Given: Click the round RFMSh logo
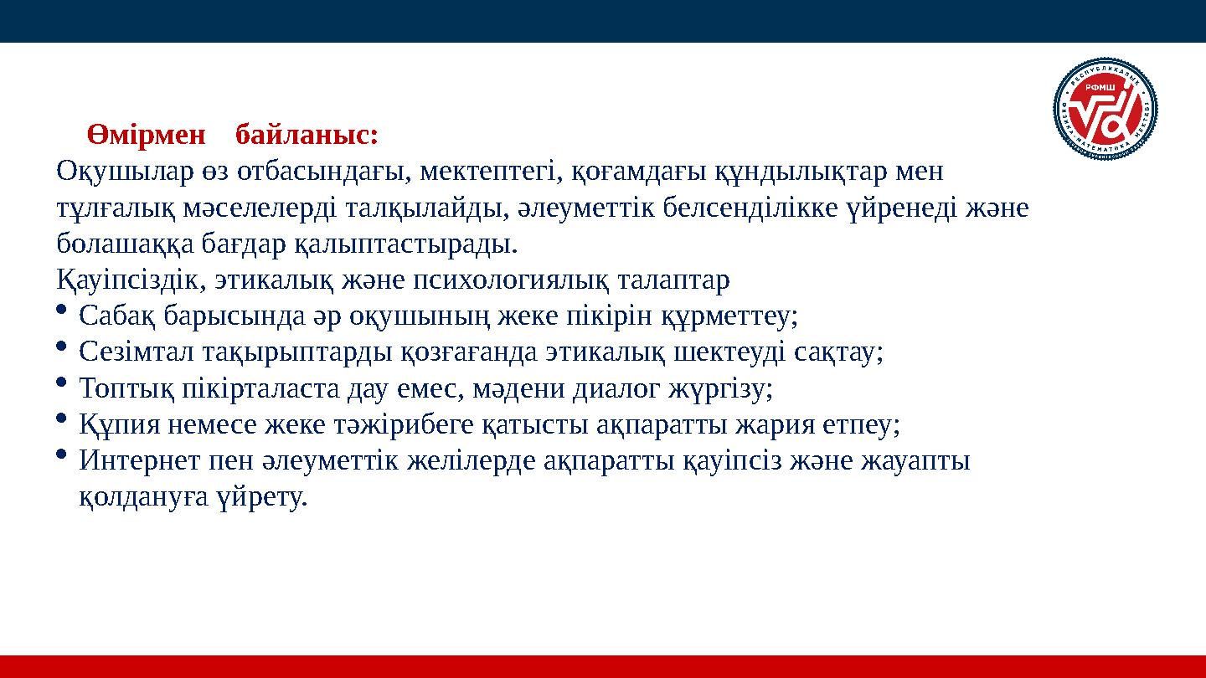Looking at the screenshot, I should coord(1105,110).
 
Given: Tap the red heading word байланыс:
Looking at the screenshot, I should coord(307,134).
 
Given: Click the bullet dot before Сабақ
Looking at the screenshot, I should coord(63,311).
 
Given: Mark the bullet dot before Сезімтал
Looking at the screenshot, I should coord(63,347).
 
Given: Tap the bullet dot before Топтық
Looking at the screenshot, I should coord(63,383).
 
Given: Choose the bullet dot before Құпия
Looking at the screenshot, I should coord(63,419).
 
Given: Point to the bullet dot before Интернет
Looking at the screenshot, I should coord(63,455).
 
